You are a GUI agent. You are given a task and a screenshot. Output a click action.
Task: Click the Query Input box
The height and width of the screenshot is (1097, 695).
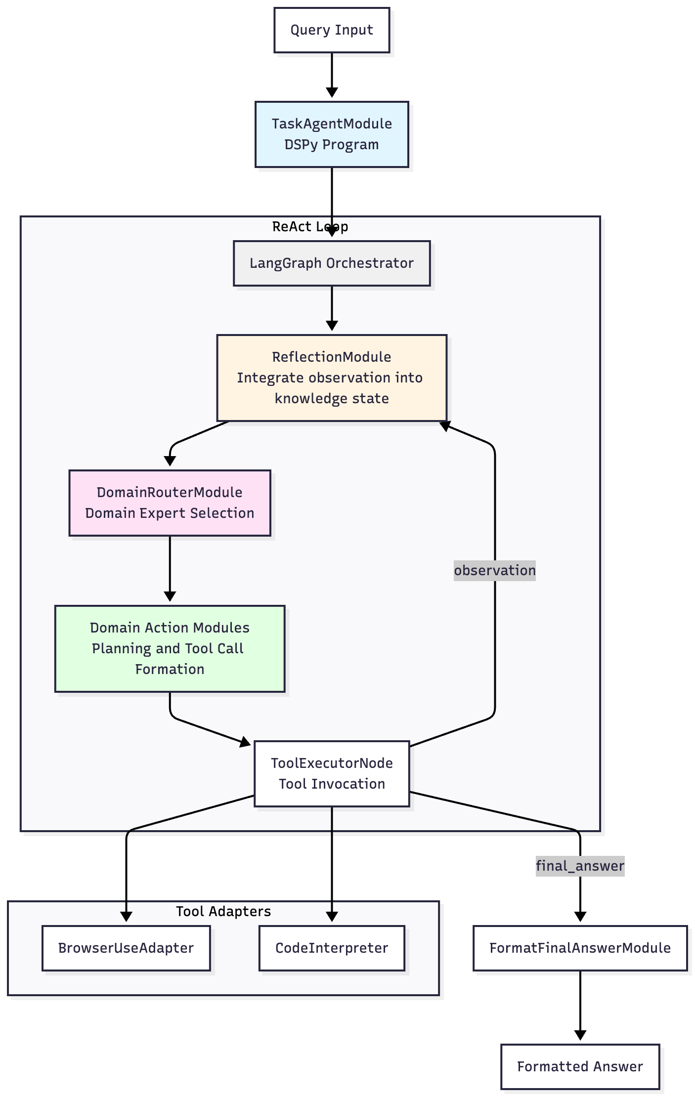[x=332, y=30]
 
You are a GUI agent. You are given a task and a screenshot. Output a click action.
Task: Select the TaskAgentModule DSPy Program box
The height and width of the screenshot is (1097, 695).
[x=332, y=134]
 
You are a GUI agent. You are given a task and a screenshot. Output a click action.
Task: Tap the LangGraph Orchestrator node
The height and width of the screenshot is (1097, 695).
[x=332, y=263]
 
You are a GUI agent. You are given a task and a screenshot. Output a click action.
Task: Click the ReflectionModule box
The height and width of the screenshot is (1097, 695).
[x=332, y=378]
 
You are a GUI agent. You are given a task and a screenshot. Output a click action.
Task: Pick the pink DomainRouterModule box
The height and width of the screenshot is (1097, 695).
[x=170, y=503]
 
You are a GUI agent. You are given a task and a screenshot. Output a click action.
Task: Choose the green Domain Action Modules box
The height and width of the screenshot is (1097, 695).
[x=170, y=648]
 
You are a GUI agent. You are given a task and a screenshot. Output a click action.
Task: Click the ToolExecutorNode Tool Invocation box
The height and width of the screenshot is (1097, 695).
[x=332, y=774]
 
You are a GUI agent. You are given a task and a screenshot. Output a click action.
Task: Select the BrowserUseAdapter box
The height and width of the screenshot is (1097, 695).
[x=126, y=948]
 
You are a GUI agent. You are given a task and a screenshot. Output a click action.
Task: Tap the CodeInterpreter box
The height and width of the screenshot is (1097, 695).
[x=332, y=948]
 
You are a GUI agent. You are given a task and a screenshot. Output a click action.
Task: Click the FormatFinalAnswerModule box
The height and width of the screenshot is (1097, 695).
[x=580, y=948]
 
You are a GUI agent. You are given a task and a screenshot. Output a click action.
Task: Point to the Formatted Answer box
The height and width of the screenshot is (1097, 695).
[x=580, y=1066]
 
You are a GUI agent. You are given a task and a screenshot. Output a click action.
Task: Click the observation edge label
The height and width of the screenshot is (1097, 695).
[x=494, y=571]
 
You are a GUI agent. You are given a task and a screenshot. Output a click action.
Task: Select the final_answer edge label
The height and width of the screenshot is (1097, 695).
[x=580, y=866]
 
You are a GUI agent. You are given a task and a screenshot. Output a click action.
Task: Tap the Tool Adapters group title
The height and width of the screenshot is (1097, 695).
[x=223, y=911]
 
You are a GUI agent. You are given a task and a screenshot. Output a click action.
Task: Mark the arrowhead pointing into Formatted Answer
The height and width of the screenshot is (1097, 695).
[x=580, y=1035]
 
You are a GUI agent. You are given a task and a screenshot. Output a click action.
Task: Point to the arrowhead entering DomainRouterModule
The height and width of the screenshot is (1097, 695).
[x=170, y=461]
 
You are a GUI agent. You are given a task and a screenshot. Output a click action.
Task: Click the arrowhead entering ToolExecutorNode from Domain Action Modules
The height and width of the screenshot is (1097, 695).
[x=245, y=742]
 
